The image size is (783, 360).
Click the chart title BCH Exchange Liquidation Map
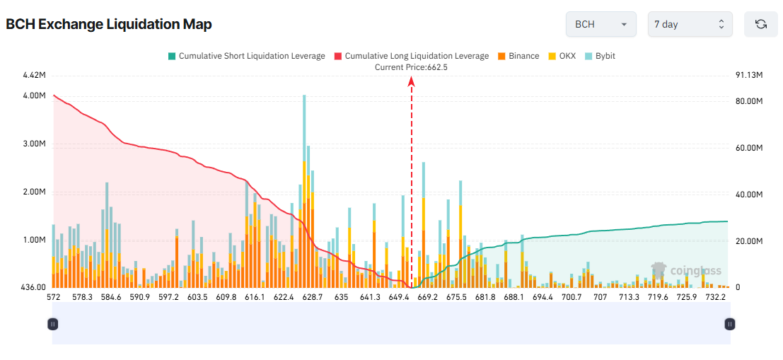[109, 24]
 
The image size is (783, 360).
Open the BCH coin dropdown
[601, 24]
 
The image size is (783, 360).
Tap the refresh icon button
[761, 24]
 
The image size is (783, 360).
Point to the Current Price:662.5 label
[411, 67]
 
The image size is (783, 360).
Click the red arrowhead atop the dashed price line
[411, 81]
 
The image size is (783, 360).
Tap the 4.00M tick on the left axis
[35, 95]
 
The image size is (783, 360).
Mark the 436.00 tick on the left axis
[33, 288]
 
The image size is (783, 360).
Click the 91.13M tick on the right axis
[749, 76]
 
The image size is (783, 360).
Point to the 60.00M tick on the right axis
[749, 148]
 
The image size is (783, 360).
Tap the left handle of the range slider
[52, 324]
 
